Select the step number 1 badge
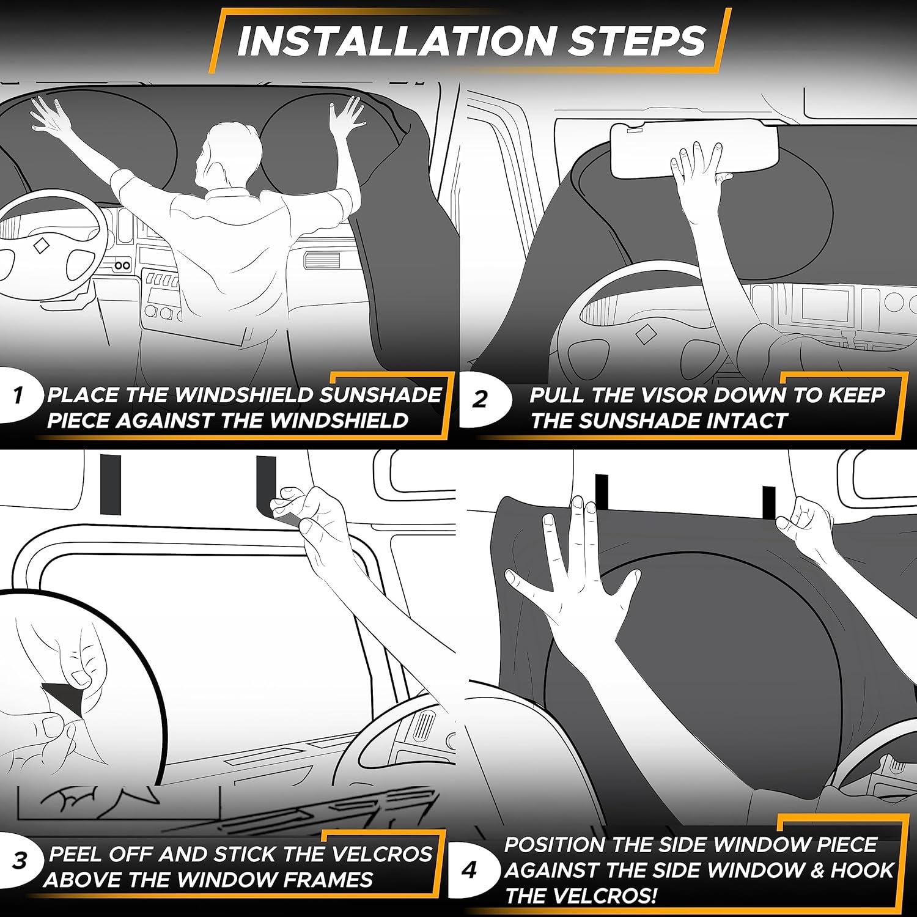(18, 396)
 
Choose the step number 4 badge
(470, 870)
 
